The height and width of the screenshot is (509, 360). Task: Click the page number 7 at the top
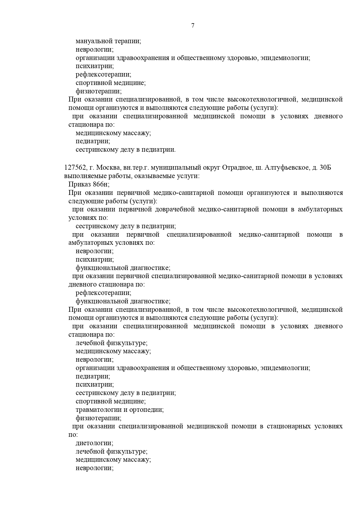pyautogui.click(x=193, y=26)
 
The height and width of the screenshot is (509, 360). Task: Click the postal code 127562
pyautogui.click(x=75, y=168)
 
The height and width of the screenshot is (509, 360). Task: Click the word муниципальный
pyautogui.click(x=176, y=168)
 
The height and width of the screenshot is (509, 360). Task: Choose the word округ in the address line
pyautogui.click(x=212, y=168)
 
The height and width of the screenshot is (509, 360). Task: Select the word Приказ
pyautogui.click(x=80, y=184)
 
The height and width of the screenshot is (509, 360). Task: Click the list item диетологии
pyautogui.click(x=94, y=443)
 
